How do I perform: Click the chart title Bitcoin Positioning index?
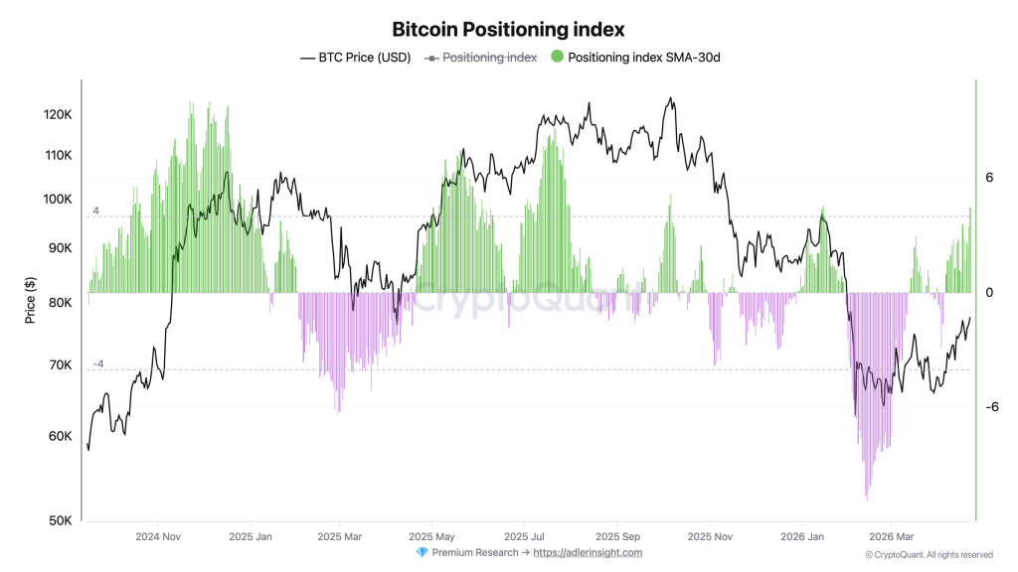[508, 30]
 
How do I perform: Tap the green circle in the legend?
[557, 57]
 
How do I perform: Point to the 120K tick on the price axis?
[58, 115]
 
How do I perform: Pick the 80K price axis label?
[58, 303]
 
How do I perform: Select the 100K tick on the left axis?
[58, 200]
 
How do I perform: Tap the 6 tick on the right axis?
[989, 178]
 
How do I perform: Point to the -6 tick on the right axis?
[991, 407]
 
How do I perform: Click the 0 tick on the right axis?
[989, 293]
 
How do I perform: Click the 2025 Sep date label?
[616, 536]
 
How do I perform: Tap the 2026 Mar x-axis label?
[891, 536]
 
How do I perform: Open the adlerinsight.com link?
[588, 553]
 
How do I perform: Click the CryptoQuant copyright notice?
[929, 555]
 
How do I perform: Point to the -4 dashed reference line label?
[97, 364]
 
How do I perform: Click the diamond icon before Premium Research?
[422, 553]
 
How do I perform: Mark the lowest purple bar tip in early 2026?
[868, 499]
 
